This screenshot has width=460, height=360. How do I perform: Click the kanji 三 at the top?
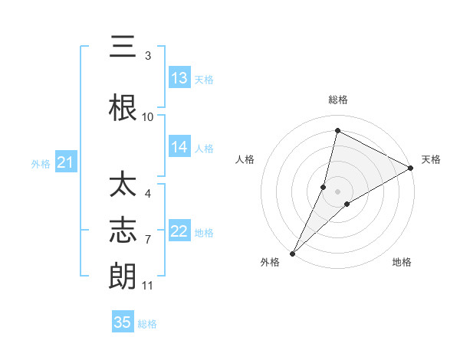[123, 47]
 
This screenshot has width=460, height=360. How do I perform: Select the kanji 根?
[123, 109]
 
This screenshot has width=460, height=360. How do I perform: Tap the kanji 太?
[123, 186]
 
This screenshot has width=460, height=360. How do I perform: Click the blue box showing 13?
[179, 78]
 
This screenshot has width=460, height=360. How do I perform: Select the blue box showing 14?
[179, 147]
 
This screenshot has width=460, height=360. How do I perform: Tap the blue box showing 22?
[179, 231]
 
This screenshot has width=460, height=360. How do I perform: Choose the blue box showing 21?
[65, 162]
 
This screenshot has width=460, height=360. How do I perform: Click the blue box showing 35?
[123, 322]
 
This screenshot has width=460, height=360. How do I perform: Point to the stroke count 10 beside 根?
[148, 117]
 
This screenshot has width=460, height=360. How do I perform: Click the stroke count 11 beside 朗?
[148, 286]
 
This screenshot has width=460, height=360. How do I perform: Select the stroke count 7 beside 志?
[148, 240]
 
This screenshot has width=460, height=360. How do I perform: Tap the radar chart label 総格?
[337, 100]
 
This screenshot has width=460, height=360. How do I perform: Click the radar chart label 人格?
[245, 159]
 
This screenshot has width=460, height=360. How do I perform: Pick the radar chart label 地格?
[402, 263]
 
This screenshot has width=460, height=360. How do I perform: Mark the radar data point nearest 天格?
[411, 169]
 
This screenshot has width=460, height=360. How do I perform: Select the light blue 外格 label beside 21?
[41, 163]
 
